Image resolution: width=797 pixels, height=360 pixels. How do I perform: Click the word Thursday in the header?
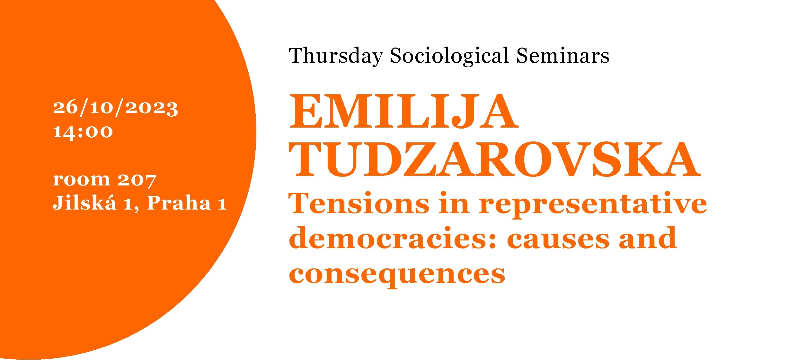click(x=336, y=56)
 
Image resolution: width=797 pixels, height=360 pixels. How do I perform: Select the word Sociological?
click(x=449, y=56)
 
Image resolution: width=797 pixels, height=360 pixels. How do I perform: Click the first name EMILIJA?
click(x=403, y=112)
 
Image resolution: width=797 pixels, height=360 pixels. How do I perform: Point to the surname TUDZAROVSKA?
click(x=494, y=160)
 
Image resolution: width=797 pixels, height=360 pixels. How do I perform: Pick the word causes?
click(x=558, y=240)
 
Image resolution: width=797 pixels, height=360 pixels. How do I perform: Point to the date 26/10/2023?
click(x=115, y=108)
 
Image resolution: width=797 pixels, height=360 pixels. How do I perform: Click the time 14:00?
click(x=83, y=132)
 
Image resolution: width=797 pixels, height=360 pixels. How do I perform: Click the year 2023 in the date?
click(x=152, y=108)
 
